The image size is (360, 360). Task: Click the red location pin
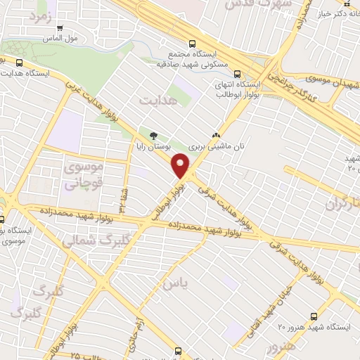(181, 165)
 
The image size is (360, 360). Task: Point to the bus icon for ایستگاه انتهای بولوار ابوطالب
(236, 73)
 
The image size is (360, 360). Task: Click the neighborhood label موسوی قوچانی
(83, 176)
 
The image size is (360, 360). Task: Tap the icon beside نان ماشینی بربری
(215, 136)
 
